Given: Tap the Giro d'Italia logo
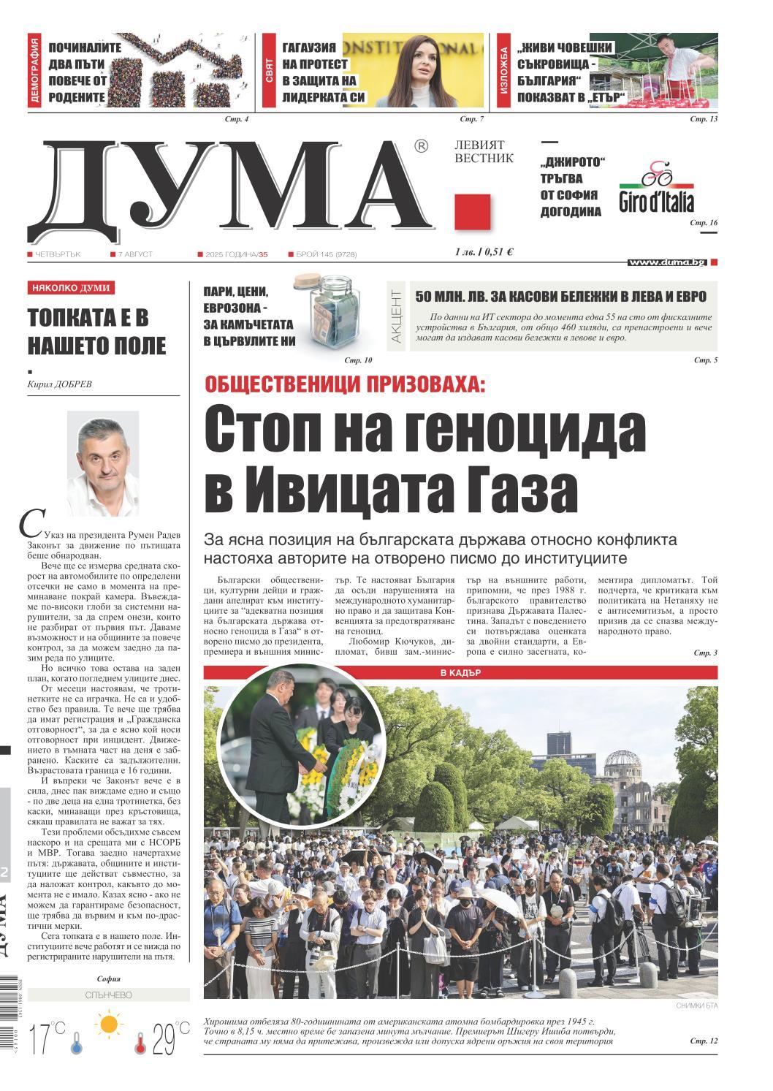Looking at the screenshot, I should coord(656,188).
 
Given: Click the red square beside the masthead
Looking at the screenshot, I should coord(472,212).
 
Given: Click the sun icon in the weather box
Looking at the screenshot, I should coord(110,1024).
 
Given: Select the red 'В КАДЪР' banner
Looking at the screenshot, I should coord(460,673).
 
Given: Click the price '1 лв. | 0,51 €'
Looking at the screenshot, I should coord(483,252).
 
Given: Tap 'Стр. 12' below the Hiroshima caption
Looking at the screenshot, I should coord(704,1041).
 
